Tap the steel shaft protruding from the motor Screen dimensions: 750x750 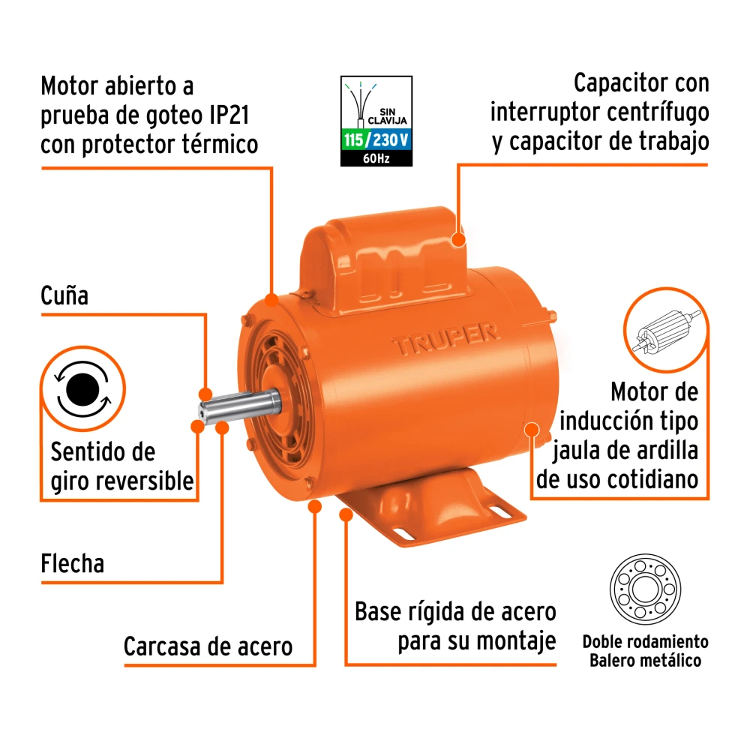[x=240, y=407]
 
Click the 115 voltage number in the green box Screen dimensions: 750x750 [x=353, y=140]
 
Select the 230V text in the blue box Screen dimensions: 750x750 [x=391, y=140]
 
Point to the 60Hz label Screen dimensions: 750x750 [x=376, y=159]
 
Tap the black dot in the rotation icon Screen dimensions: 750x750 [x=82, y=388]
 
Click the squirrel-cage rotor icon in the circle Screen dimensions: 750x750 [x=666, y=331]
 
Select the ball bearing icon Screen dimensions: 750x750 [x=645, y=589]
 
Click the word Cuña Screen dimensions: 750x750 [x=64, y=295]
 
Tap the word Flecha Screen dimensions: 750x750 [x=72, y=563]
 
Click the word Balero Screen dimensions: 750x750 [x=610, y=661]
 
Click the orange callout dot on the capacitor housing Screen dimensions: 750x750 [x=458, y=238]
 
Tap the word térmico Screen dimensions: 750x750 [x=224, y=145]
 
